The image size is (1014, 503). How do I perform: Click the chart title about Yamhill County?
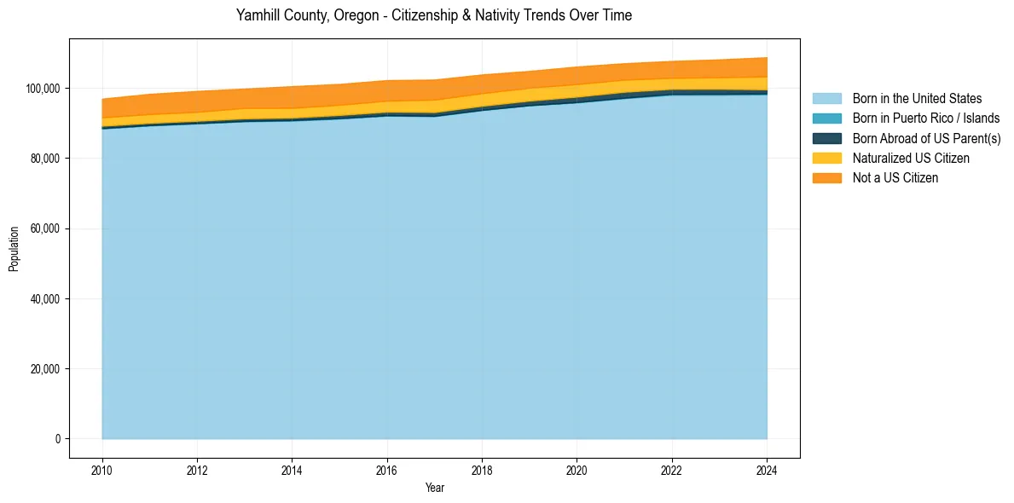tap(434, 15)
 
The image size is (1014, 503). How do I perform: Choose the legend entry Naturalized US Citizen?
tap(911, 159)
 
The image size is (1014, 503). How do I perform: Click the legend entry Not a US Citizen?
tap(895, 178)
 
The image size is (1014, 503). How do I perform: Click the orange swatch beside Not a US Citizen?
tap(826, 178)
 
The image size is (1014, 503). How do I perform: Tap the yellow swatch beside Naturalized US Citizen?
tap(826, 159)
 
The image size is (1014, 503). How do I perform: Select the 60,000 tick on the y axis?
tap(44, 228)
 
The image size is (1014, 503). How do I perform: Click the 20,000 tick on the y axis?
tap(44, 369)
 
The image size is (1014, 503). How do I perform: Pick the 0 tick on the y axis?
tap(58, 439)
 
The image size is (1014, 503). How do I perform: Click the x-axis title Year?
tap(434, 488)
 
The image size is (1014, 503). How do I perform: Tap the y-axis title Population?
tap(14, 249)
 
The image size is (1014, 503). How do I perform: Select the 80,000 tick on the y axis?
tap(44, 159)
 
